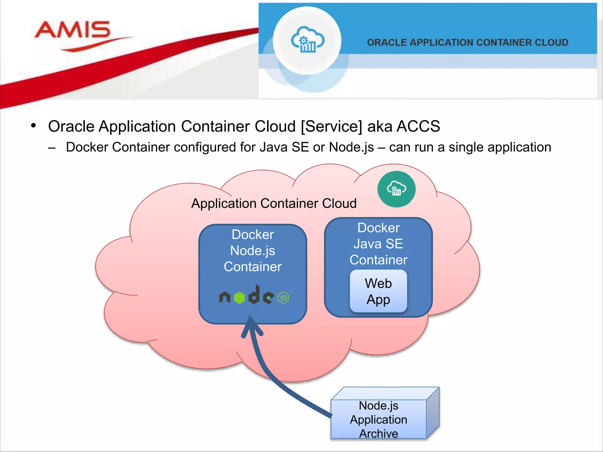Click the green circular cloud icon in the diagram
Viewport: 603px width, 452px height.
(x=396, y=189)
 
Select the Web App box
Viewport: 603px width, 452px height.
(x=378, y=291)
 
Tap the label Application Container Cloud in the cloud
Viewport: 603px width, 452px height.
(x=274, y=203)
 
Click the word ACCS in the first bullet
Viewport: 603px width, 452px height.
(x=418, y=127)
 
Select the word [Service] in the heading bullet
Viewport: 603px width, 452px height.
(x=331, y=127)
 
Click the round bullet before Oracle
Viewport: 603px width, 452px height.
(x=33, y=126)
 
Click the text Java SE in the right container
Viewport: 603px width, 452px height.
(x=378, y=244)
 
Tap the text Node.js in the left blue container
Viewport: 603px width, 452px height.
(x=253, y=251)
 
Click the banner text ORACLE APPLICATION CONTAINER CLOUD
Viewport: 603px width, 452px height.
(x=467, y=43)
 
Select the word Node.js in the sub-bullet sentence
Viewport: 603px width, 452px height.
(x=351, y=147)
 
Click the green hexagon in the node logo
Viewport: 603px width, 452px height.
(x=239, y=298)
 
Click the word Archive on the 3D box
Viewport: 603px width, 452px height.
(x=379, y=433)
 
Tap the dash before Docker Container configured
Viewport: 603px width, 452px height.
(x=52, y=148)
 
